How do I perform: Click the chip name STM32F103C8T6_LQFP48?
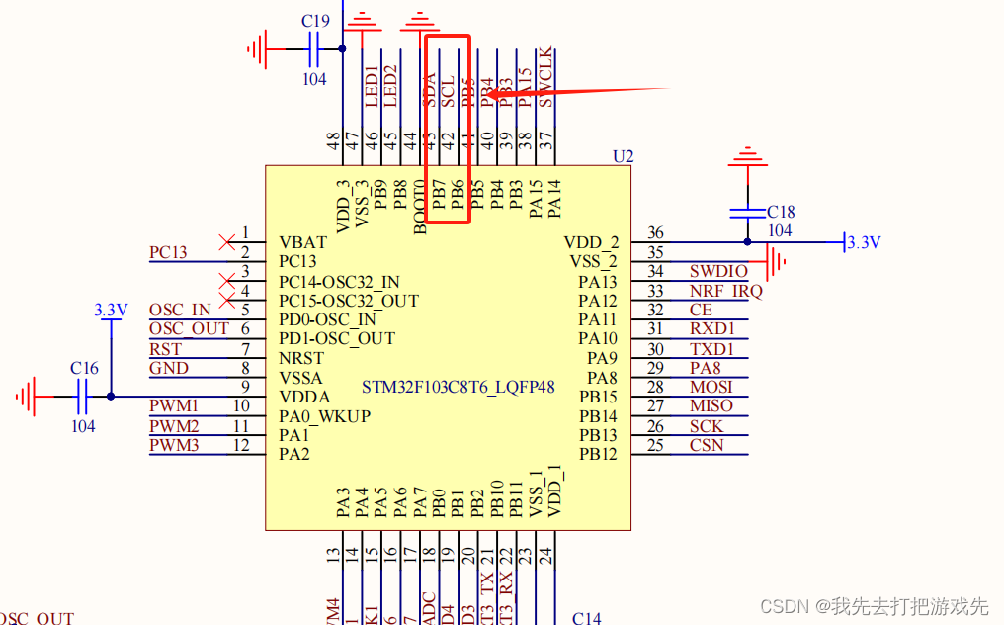[x=458, y=387]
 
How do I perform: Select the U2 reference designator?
[x=623, y=156]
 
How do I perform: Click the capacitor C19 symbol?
[x=315, y=46]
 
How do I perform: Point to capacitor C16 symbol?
[x=83, y=397]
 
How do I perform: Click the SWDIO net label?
[x=718, y=271]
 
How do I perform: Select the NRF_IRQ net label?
[x=725, y=291]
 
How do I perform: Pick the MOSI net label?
[x=711, y=387]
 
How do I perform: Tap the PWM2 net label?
[x=174, y=425]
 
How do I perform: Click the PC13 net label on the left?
[x=168, y=252]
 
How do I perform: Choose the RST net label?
[x=165, y=349]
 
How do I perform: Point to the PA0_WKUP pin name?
[x=324, y=416]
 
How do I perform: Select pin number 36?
[x=655, y=232]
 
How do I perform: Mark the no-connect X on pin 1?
[x=228, y=241]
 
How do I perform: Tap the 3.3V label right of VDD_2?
[x=864, y=242]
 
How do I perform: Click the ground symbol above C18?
[x=746, y=157]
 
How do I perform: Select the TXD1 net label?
[x=711, y=349]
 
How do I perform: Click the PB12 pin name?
[x=598, y=454]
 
